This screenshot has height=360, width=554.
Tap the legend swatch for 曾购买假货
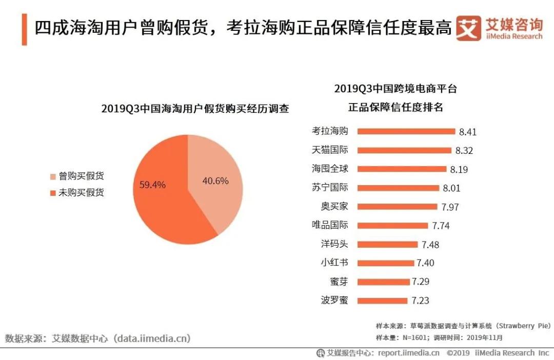(x=53, y=177)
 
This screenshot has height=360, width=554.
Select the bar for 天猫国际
(x=404, y=150)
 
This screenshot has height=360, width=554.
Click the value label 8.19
(x=459, y=169)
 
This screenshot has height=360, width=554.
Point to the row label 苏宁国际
(x=330, y=188)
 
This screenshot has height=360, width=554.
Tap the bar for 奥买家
(x=397, y=207)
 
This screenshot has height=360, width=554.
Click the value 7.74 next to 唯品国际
(x=441, y=226)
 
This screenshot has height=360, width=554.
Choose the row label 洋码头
(x=334, y=244)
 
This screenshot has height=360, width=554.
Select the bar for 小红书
(x=385, y=263)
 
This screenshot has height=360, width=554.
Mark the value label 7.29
(x=420, y=282)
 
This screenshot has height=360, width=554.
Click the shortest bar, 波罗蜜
(x=382, y=301)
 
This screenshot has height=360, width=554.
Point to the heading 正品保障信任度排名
(x=395, y=108)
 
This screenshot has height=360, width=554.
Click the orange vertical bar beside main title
(x=24, y=29)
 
